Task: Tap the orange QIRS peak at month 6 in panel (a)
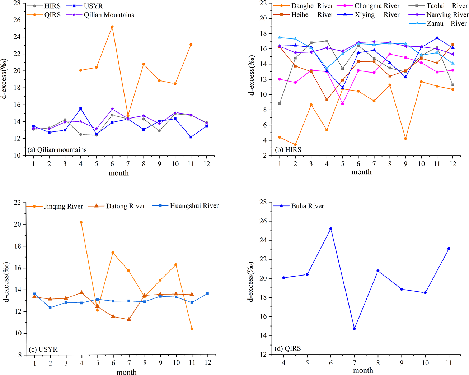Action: point(112,27)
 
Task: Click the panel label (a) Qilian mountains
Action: point(57,149)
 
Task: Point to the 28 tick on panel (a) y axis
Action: point(17,3)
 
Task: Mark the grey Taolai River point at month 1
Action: point(280,103)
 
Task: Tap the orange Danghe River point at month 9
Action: point(405,138)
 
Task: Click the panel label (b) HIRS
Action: point(288,149)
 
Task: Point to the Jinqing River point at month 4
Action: point(81,222)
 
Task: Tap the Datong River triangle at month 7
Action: point(129,319)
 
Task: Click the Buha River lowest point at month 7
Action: point(354,328)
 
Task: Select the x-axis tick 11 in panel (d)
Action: point(449,363)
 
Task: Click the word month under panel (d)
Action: point(363,370)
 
